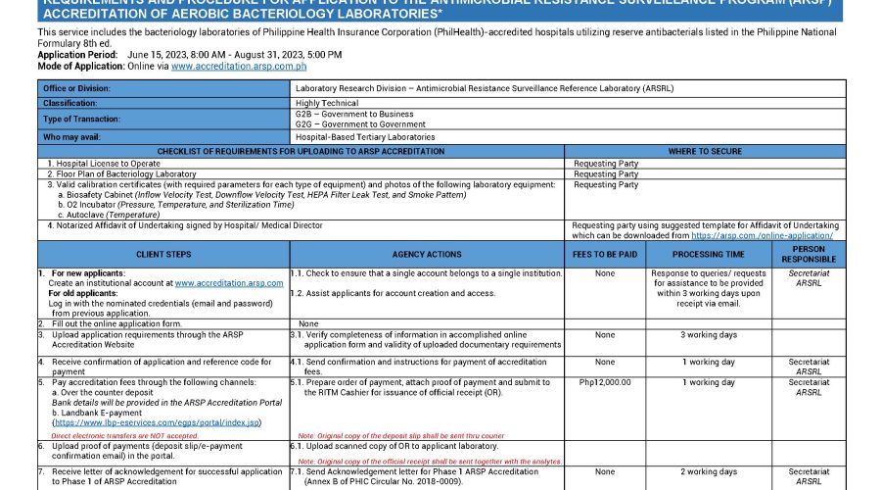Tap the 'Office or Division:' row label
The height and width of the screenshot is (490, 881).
point(76,88)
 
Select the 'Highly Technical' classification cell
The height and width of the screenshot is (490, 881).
point(327,103)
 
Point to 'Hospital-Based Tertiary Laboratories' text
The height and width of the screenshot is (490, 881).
point(365,137)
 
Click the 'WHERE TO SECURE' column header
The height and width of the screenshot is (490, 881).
point(704,151)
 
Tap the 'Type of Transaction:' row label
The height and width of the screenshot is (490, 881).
point(79,120)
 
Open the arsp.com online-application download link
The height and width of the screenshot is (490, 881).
point(762,235)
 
